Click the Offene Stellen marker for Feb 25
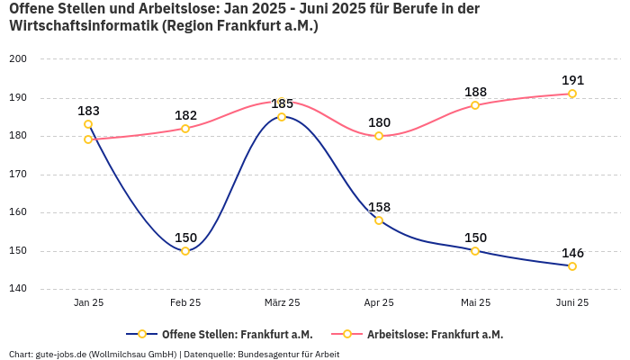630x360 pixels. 185,251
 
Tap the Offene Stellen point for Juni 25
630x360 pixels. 572,266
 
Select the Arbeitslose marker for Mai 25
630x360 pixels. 475,105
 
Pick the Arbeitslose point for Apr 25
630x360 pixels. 379,136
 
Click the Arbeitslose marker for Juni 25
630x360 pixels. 572,94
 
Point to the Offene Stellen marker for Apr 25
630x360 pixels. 379,220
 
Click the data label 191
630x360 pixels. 572,80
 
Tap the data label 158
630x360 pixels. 379,207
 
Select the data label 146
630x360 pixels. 572,253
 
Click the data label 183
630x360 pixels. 88,111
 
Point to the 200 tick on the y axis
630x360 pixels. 19,58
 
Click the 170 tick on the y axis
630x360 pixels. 19,175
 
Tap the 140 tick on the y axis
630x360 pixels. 19,290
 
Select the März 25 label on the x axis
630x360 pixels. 282,303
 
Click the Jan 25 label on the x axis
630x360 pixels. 88,303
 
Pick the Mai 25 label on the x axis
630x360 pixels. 475,303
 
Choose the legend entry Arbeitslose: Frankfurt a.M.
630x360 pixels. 435,334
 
